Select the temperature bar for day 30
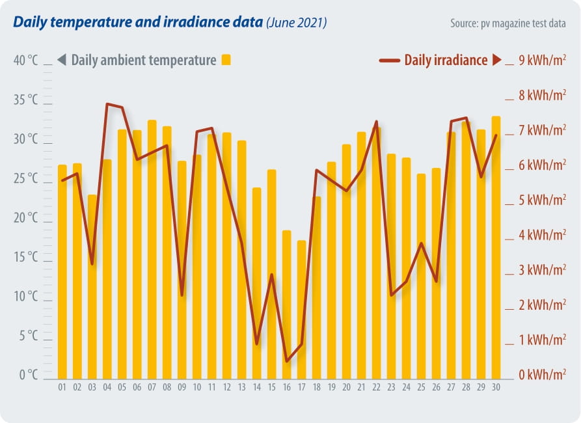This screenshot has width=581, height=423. [x=496, y=247]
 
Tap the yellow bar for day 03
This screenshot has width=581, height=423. [x=92, y=286]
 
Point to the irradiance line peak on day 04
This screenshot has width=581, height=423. [x=107, y=103]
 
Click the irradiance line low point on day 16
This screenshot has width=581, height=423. [x=287, y=361]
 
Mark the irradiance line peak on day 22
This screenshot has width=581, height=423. [x=377, y=121]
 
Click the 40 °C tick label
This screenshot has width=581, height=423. [x=26, y=61]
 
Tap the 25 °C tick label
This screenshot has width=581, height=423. [x=26, y=178]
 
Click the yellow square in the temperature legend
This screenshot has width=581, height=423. [x=226, y=60]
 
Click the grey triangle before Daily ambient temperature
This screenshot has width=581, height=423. [x=62, y=61]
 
